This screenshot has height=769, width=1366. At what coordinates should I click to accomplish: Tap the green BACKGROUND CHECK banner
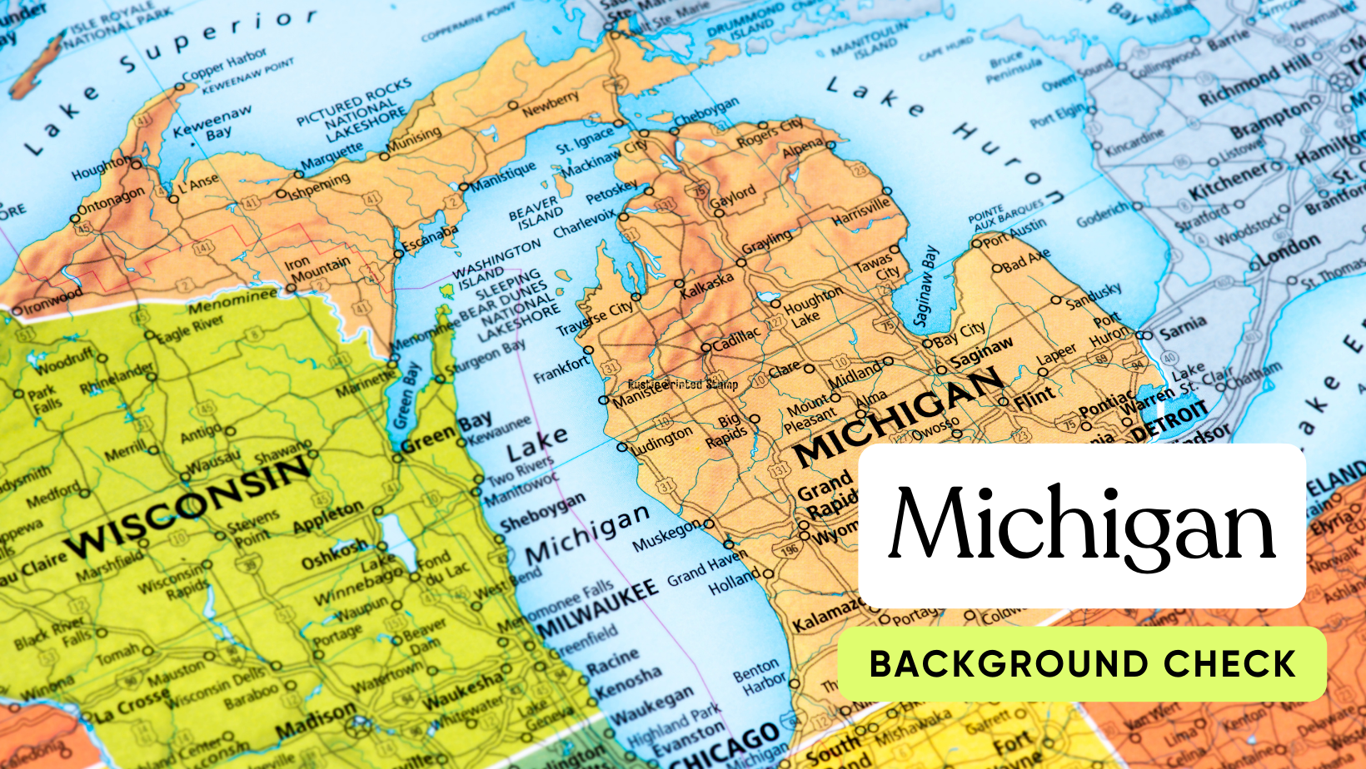point(1082,664)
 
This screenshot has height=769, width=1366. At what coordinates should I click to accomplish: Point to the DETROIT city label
point(1169,420)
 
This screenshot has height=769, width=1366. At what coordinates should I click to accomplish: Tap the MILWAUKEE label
point(596,610)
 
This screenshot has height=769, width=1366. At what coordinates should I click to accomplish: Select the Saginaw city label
point(982,353)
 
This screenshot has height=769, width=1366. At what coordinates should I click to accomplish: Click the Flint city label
point(1034,399)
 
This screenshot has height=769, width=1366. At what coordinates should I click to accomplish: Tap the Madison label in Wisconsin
point(316,720)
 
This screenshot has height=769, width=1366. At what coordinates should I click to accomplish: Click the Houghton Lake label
point(811,306)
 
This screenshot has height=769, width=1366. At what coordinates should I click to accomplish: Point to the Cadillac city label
point(735,338)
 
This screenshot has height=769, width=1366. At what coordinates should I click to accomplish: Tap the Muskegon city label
point(666,536)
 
